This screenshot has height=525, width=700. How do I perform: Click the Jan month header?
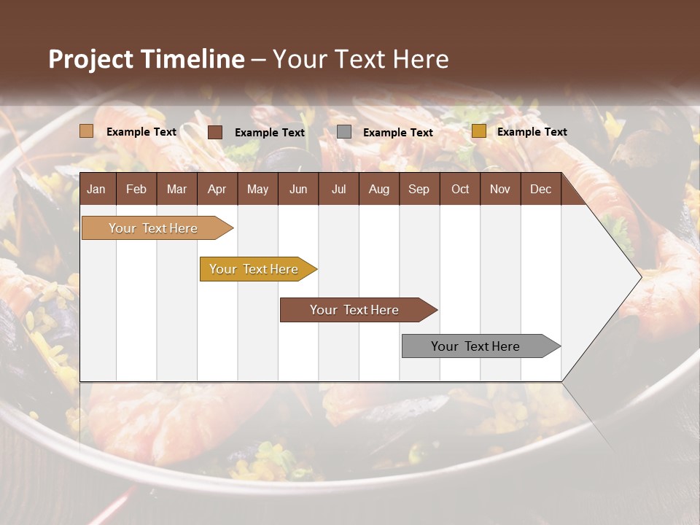tap(96, 189)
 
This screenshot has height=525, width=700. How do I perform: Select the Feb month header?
tap(136, 189)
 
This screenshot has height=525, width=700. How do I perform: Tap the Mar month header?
tap(176, 189)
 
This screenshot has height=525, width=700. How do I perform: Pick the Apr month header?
tap(217, 189)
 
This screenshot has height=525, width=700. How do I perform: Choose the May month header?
tap(257, 189)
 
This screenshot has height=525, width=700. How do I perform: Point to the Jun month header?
tap(298, 189)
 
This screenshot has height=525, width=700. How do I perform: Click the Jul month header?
tap(338, 189)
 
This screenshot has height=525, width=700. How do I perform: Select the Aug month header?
tap(378, 189)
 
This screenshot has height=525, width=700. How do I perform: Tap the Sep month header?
tap(419, 189)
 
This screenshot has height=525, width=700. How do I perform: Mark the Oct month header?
tap(460, 189)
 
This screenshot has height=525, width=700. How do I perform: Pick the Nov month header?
tap(500, 189)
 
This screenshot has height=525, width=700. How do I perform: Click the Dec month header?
tap(540, 189)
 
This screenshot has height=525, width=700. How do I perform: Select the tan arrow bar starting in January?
tap(154, 228)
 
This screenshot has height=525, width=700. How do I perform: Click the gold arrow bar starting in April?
tap(254, 269)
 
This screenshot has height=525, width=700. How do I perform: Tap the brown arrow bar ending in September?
tap(355, 310)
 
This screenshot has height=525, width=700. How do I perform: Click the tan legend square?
tap(87, 131)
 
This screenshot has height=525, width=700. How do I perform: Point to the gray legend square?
tap(344, 131)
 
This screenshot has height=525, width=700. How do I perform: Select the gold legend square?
tap(478, 131)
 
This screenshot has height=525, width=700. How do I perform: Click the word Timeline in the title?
tap(193, 59)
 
